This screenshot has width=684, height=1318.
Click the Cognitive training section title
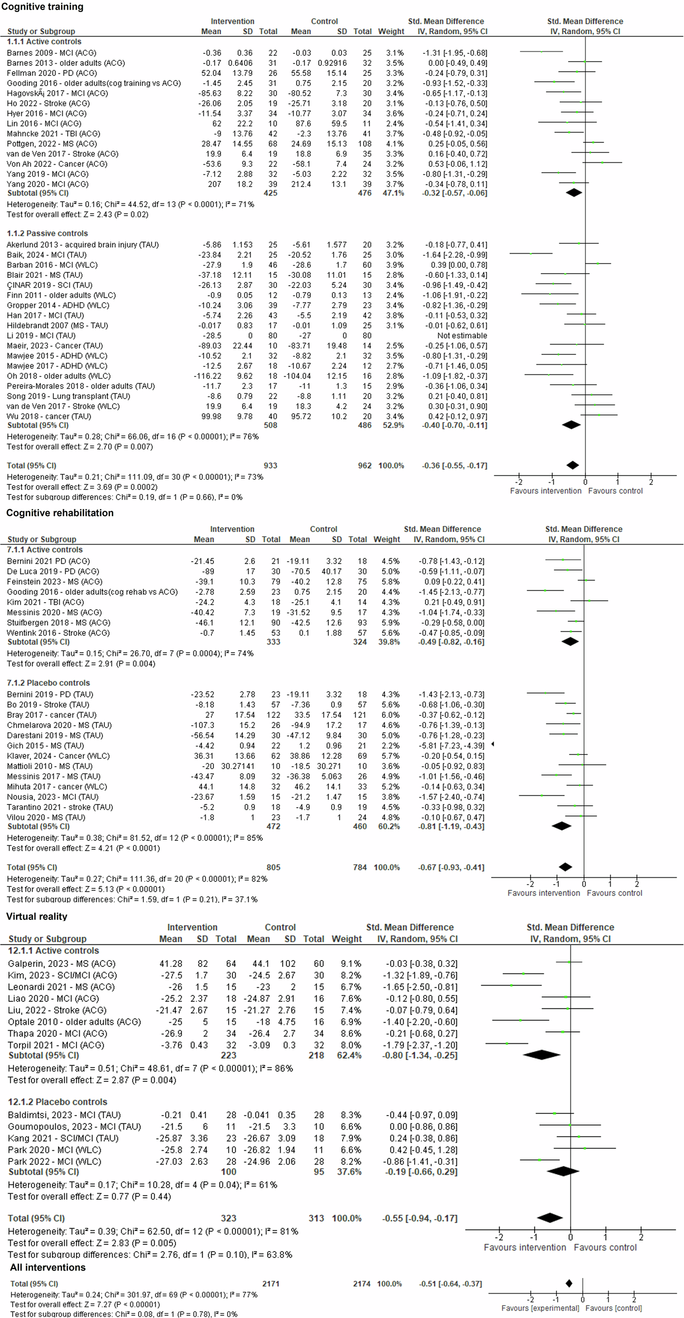[42, 7]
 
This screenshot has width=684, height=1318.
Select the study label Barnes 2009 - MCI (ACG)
[52, 53]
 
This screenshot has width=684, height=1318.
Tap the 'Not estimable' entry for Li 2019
[462, 335]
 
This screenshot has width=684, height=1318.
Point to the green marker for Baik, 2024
[531, 254]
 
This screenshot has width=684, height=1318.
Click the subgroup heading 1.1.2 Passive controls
[47, 233]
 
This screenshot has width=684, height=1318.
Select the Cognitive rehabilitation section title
[60, 513]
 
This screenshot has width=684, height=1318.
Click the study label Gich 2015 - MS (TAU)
[45, 745]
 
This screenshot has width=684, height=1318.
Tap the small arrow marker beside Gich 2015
[492, 744]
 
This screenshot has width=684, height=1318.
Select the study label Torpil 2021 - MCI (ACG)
[56, 1045]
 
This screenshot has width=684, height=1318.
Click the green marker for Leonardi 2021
[511, 985]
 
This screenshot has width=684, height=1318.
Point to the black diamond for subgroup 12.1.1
[541, 1055]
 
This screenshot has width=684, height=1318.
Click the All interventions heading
[47, 1267]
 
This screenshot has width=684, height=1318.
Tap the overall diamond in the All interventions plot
[569, 1283]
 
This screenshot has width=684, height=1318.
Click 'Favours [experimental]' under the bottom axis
[540, 1308]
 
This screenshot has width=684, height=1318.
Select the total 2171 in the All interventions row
[271, 1284]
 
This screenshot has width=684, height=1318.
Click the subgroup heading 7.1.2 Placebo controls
[48, 683]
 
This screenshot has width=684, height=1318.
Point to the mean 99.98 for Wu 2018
[212, 416]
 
